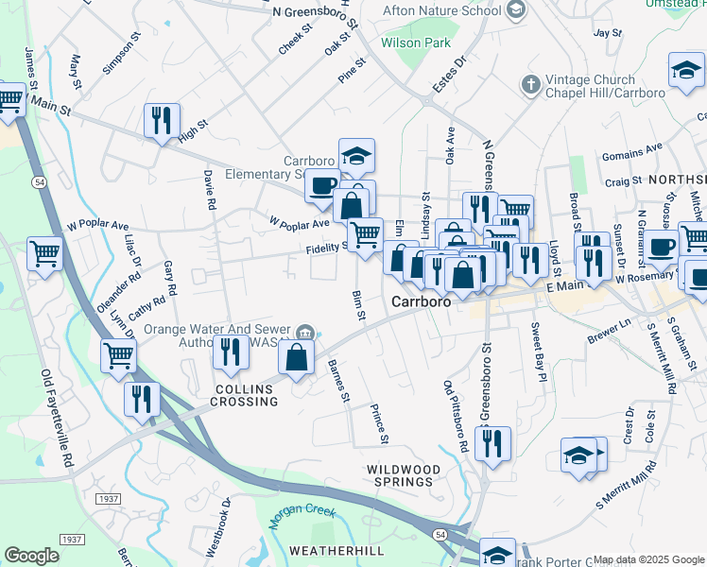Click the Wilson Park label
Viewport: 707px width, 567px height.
[x=415, y=43]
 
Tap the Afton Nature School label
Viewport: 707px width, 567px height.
[x=440, y=11]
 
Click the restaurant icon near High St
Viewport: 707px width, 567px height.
[x=162, y=120]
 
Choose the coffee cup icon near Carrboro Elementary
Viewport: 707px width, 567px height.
[x=322, y=184]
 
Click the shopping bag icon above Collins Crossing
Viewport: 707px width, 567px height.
[x=297, y=357]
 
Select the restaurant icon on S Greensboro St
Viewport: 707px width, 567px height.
[x=492, y=443]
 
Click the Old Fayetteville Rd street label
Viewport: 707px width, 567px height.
[x=57, y=415]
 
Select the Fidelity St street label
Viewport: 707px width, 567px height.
[x=327, y=248]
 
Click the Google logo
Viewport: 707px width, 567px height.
[x=31, y=556]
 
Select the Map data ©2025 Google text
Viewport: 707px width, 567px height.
[x=648, y=559]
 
